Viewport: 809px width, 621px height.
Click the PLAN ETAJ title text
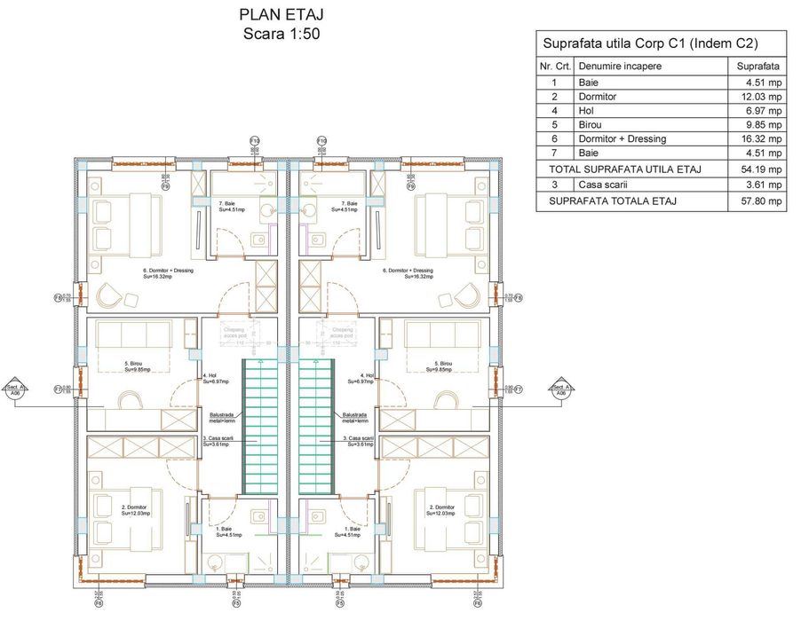[280, 15]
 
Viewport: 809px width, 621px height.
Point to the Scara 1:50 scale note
[280, 34]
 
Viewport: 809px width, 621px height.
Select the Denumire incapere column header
[620, 67]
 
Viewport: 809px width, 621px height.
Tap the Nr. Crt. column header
[554, 67]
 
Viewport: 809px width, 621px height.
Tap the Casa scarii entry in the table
[603, 185]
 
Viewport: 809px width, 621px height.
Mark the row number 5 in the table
[554, 125]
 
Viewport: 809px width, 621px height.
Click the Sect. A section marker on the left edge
[13, 390]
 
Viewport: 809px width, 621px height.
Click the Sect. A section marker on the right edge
[560, 390]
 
